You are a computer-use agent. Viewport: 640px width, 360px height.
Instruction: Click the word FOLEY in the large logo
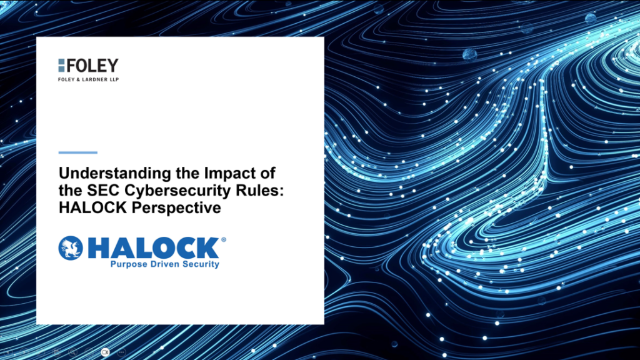(x=92, y=65)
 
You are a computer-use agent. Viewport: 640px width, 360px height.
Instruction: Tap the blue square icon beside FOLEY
(x=61, y=65)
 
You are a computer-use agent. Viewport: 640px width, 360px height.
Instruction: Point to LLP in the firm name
(x=114, y=79)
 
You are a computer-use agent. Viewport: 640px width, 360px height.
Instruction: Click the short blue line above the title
(x=78, y=152)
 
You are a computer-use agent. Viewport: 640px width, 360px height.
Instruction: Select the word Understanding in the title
(x=115, y=174)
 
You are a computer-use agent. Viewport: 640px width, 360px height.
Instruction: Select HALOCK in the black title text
(x=93, y=207)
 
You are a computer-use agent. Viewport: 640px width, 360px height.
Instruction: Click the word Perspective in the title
(x=176, y=208)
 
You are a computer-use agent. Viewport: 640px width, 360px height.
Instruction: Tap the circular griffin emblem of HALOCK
(x=71, y=247)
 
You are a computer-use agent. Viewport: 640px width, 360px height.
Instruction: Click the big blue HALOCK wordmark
(x=154, y=247)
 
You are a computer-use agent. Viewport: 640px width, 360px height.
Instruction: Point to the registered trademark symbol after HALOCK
(x=223, y=239)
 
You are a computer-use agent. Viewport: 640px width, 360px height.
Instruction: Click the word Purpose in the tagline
(x=129, y=264)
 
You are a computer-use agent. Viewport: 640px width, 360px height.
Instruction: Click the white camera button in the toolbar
(x=105, y=352)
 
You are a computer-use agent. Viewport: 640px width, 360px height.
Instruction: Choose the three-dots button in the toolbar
(x=121, y=352)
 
